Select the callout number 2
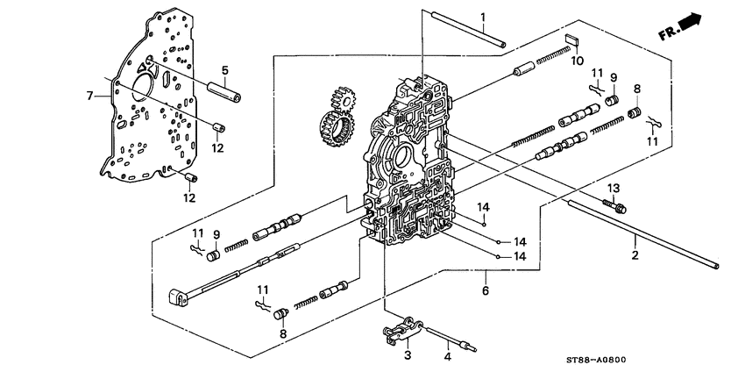click(635, 255)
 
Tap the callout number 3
click(407, 355)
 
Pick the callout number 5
click(224, 70)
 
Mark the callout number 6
click(485, 290)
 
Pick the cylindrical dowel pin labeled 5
click(224, 89)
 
